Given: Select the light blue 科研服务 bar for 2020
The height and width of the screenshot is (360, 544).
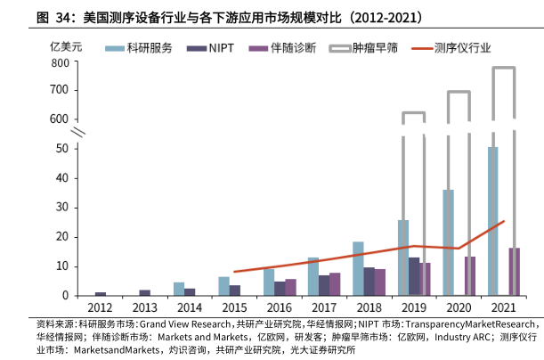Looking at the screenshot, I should pyautogui.click(x=448, y=241).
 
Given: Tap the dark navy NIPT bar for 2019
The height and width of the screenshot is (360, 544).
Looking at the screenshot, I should pyautogui.click(x=414, y=276).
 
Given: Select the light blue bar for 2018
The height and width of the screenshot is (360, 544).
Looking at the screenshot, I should pyautogui.click(x=357, y=268).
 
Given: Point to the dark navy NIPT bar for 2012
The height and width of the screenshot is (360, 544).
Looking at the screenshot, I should pyautogui.click(x=101, y=293).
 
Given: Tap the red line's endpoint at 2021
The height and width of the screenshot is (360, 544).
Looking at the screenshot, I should pyautogui.click(x=504, y=221).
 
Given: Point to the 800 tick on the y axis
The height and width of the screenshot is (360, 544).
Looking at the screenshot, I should pyautogui.click(x=59, y=63).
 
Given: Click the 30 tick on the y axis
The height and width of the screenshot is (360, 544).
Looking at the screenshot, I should pyautogui.click(x=62, y=208).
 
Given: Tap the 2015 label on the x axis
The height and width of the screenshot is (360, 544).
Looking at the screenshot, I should pyautogui.click(x=234, y=307).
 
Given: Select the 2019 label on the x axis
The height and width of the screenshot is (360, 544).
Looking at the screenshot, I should pyautogui.click(x=414, y=307).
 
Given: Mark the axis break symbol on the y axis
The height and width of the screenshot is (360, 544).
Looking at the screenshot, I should pyautogui.click(x=78, y=133).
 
